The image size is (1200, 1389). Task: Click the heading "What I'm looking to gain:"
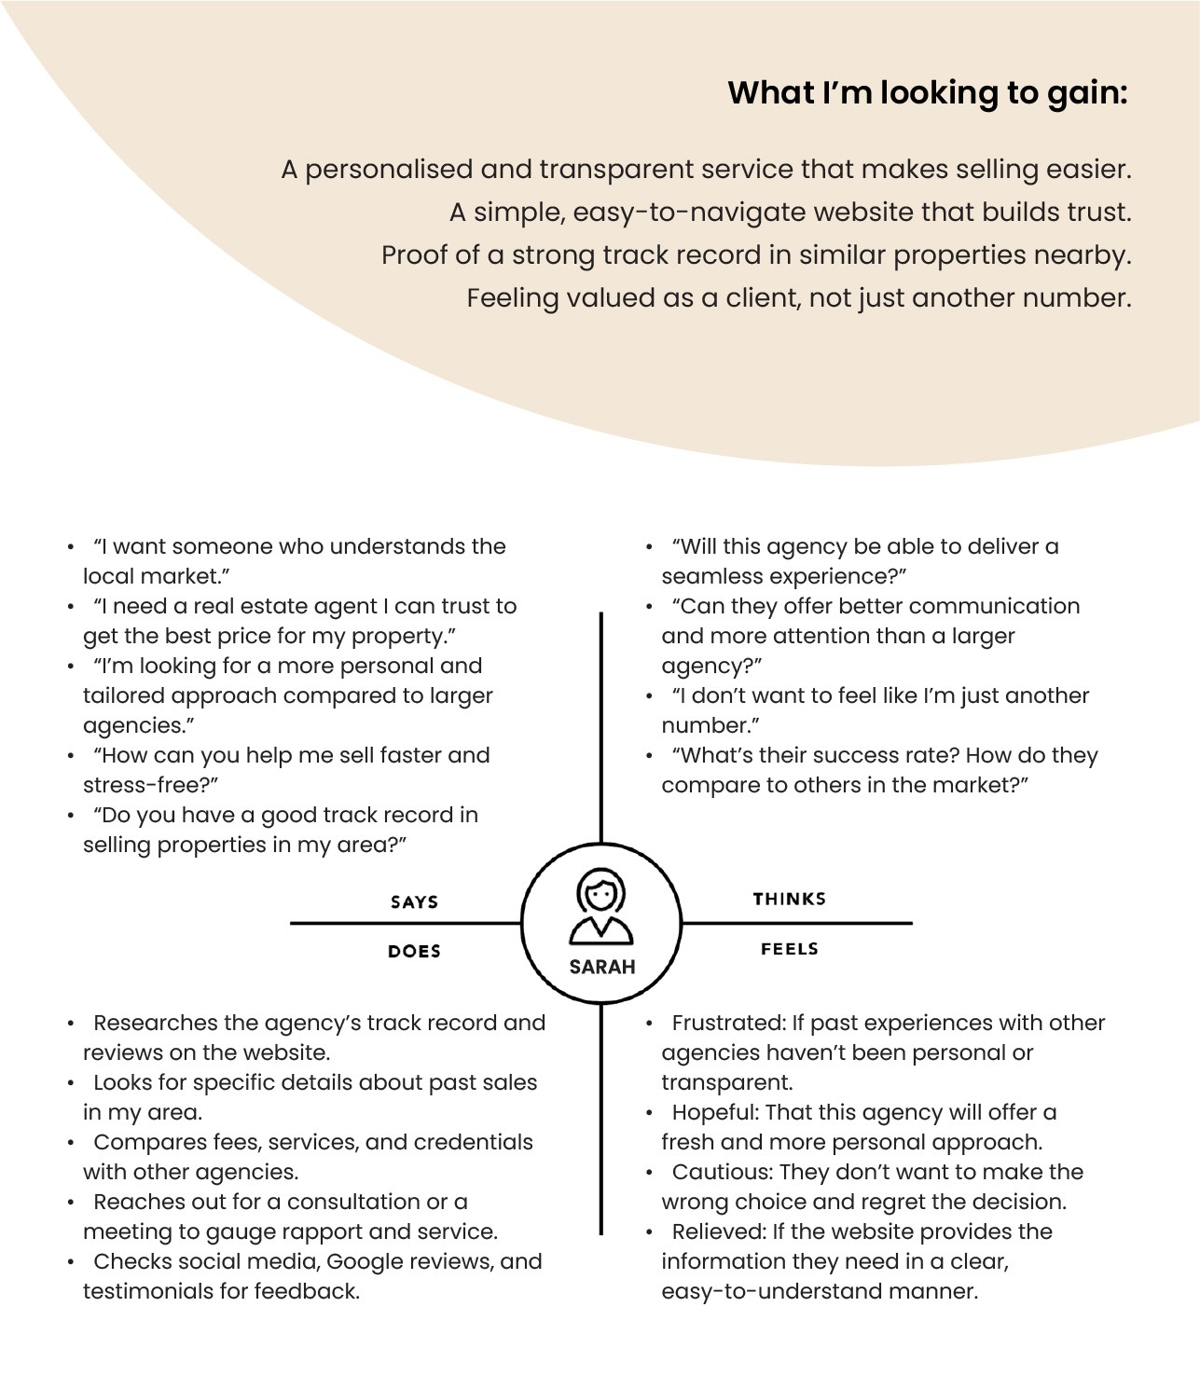tap(927, 93)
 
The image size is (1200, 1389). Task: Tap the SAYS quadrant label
tap(414, 901)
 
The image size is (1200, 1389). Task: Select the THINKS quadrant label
tap(789, 899)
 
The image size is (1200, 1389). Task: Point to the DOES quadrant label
tap(414, 951)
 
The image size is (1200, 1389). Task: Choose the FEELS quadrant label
tap(789, 949)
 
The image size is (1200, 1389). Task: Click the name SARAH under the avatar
tap(601, 967)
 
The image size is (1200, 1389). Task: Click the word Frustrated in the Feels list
tap(728, 1023)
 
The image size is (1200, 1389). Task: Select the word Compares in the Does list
tap(149, 1142)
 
